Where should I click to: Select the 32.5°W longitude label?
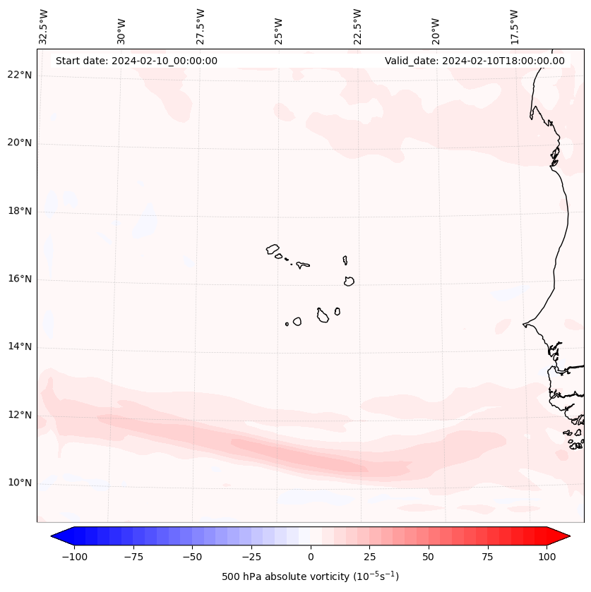pos(44,26)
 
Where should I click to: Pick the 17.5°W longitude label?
pos(514,26)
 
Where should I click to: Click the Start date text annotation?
pos(136,61)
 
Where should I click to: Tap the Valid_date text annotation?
pos(474,61)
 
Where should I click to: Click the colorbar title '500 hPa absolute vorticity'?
pos(310,577)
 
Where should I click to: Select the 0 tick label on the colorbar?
pos(310,557)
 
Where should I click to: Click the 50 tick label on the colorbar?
pos(428,557)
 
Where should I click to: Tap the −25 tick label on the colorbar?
pos(251,557)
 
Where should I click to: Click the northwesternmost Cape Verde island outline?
pos(273,249)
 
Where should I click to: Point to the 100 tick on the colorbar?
pos(546,557)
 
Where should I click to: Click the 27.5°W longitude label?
pos(201,26)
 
